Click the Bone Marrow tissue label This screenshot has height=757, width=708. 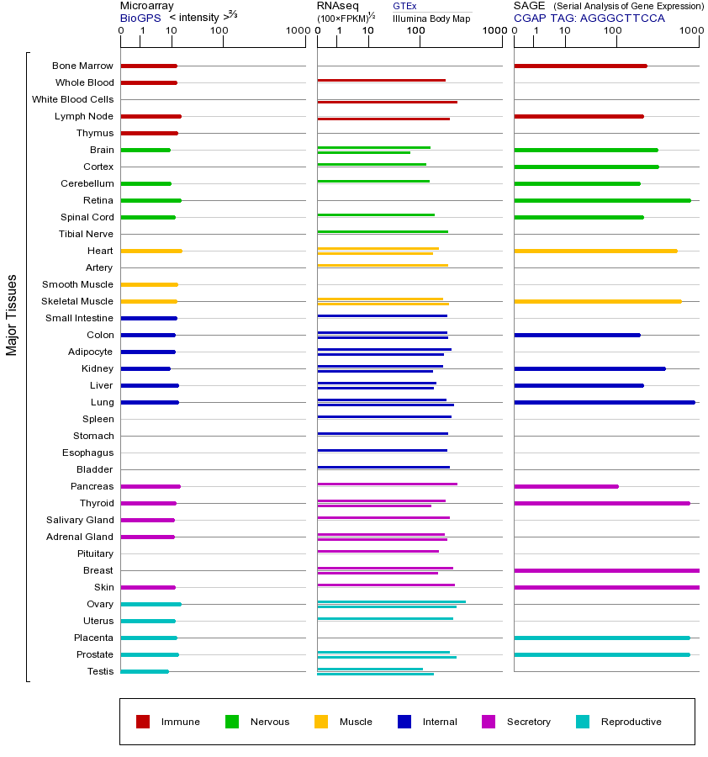(x=82, y=66)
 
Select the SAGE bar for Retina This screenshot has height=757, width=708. (x=602, y=200)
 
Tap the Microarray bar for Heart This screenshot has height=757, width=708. (x=151, y=251)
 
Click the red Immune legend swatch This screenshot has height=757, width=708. (x=143, y=722)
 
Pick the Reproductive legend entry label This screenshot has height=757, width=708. (x=631, y=722)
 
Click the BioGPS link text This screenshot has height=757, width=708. (x=140, y=18)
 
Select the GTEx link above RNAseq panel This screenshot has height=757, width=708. (x=404, y=6)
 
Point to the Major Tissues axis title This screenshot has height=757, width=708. (x=12, y=315)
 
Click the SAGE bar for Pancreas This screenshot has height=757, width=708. (x=566, y=486)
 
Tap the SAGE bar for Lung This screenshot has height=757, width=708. (x=604, y=402)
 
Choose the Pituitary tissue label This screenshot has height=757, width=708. (x=95, y=553)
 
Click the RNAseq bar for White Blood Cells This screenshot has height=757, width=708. (x=387, y=102)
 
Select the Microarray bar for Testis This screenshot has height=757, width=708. (x=145, y=671)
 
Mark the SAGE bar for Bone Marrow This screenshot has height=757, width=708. (x=580, y=66)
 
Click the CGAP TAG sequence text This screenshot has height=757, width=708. (x=589, y=18)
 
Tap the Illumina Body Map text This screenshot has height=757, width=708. (x=431, y=19)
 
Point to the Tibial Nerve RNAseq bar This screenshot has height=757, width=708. (x=383, y=231)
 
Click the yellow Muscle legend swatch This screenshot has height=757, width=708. (x=321, y=722)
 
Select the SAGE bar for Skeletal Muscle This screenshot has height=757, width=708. (x=597, y=301)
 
